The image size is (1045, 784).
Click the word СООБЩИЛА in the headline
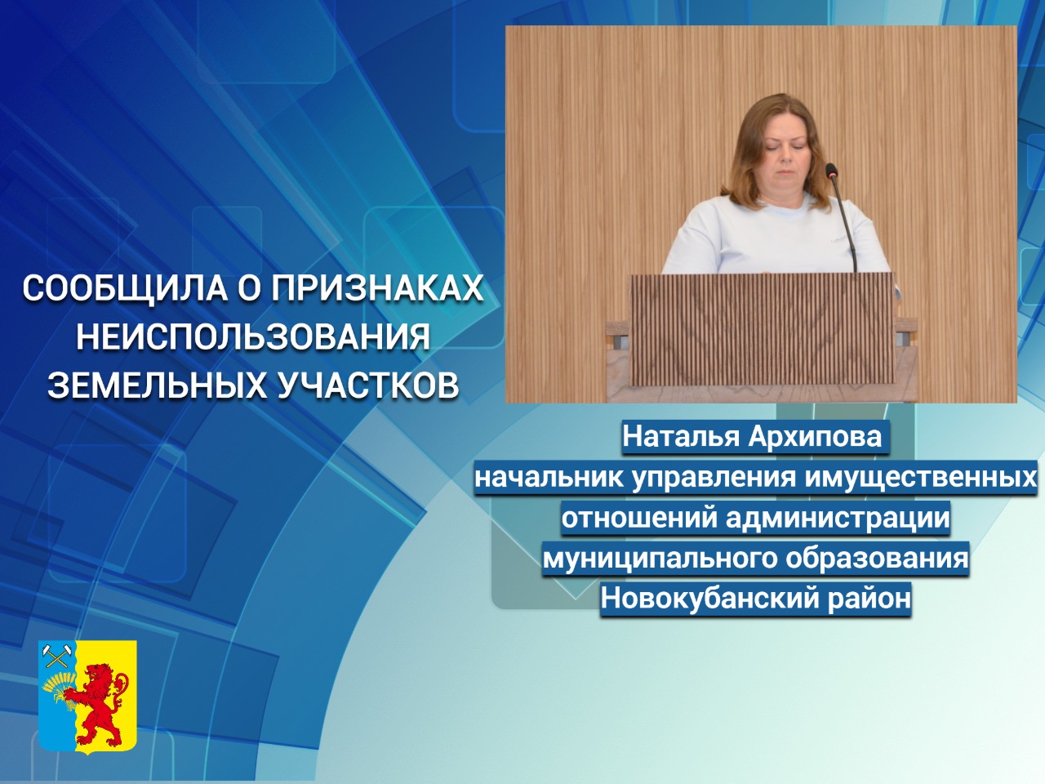click(126, 288)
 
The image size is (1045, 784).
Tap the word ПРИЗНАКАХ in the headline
click(377, 288)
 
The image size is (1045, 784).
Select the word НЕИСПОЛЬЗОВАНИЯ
click(253, 336)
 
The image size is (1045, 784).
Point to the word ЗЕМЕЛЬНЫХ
click(157, 384)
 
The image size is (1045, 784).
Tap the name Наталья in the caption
click(681, 437)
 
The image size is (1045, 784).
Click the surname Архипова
click(815, 437)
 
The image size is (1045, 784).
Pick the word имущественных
click(921, 478)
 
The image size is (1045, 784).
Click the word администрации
click(838, 518)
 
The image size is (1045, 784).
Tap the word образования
click(877, 558)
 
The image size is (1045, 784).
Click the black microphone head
click(831, 172)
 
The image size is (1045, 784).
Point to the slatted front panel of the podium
click(763, 329)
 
